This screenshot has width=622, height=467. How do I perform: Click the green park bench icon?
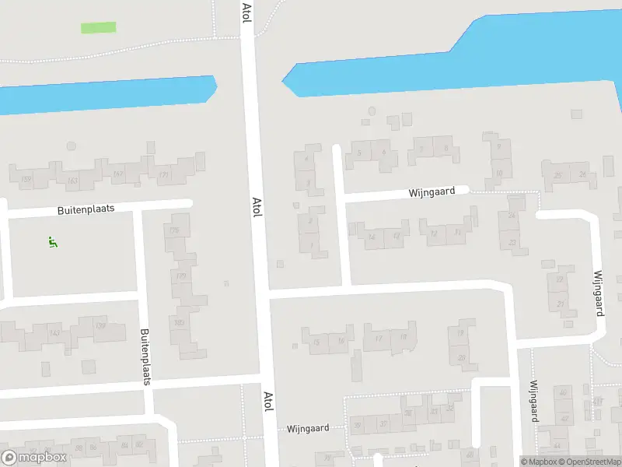point(52,242)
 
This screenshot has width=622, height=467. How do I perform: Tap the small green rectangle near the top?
point(99,27)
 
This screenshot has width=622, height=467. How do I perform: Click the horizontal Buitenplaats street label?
point(86,210)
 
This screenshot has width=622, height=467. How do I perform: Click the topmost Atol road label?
point(246,12)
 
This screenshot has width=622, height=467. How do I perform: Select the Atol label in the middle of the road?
point(257,207)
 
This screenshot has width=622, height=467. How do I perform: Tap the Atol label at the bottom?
point(268,402)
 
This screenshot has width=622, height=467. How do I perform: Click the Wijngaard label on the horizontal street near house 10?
point(432,192)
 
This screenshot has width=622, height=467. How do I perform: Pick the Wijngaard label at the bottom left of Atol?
point(308,428)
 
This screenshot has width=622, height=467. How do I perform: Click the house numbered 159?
point(26,180)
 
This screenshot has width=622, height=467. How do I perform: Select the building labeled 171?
point(163,175)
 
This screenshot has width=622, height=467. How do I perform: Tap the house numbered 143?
point(54,333)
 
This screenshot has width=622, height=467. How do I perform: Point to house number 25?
point(557,176)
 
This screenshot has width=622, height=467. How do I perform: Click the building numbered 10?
point(498,174)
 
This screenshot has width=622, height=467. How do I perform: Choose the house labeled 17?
point(378,338)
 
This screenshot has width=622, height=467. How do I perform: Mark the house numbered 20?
point(462,357)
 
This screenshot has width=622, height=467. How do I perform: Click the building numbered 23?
point(512,243)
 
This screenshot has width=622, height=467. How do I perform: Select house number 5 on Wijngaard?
point(358,153)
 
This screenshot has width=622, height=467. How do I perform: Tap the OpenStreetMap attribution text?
point(589,462)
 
